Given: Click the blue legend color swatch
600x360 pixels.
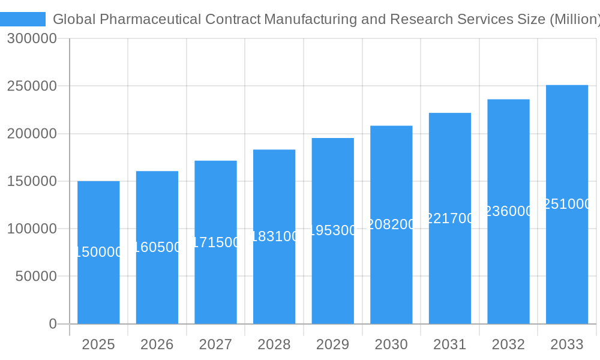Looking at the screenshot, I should pyautogui.click(x=23, y=19).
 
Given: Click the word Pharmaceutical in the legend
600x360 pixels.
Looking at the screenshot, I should pyautogui.click(x=151, y=19).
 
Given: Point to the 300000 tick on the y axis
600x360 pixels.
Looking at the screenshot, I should pyautogui.click(x=32, y=38).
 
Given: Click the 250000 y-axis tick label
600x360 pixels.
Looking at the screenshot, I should pyautogui.click(x=32, y=86).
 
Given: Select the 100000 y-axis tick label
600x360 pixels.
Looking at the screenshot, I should pyautogui.click(x=32, y=229).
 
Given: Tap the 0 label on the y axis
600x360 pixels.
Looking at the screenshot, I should pyautogui.click(x=52, y=324).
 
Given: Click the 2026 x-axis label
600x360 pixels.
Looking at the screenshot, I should pyautogui.click(x=157, y=344).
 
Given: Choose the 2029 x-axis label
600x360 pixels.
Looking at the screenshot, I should pyautogui.click(x=332, y=344).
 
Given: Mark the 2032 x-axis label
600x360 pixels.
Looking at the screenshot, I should pyautogui.click(x=508, y=344).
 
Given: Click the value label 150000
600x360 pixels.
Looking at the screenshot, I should pyautogui.click(x=98, y=252).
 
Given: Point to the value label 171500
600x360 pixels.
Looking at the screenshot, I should pyautogui.click(x=215, y=242).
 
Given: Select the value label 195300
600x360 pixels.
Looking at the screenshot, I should pyautogui.click(x=332, y=230).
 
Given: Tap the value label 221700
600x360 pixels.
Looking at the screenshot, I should pyautogui.click(x=450, y=218).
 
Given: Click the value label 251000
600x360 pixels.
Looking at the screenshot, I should pyautogui.click(x=567, y=204).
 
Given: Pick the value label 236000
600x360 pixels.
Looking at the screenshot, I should pyautogui.click(x=508, y=211).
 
